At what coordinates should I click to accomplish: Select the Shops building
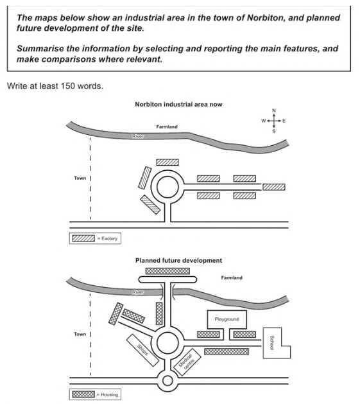coord(142,350)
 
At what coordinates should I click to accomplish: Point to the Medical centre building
coord(187,362)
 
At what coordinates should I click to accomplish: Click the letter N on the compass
coord(274,110)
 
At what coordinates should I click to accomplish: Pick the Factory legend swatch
coord(83,238)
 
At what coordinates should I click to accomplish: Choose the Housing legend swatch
coord(83,394)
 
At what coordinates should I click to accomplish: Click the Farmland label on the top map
coord(167,127)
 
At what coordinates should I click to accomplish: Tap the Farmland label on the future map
coord(232,277)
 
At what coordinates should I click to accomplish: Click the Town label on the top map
coord(80,178)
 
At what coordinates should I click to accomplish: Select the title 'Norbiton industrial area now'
coord(178,104)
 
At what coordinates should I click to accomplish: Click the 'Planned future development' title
coord(178,261)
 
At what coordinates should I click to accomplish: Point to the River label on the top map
coord(138,136)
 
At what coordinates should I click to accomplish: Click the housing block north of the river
coord(167,271)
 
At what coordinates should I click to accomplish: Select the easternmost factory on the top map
coord(274,187)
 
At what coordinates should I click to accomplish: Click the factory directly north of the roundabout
coord(167,162)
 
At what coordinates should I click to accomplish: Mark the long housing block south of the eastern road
coord(227,352)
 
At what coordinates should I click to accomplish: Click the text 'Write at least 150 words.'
coord(55,86)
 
